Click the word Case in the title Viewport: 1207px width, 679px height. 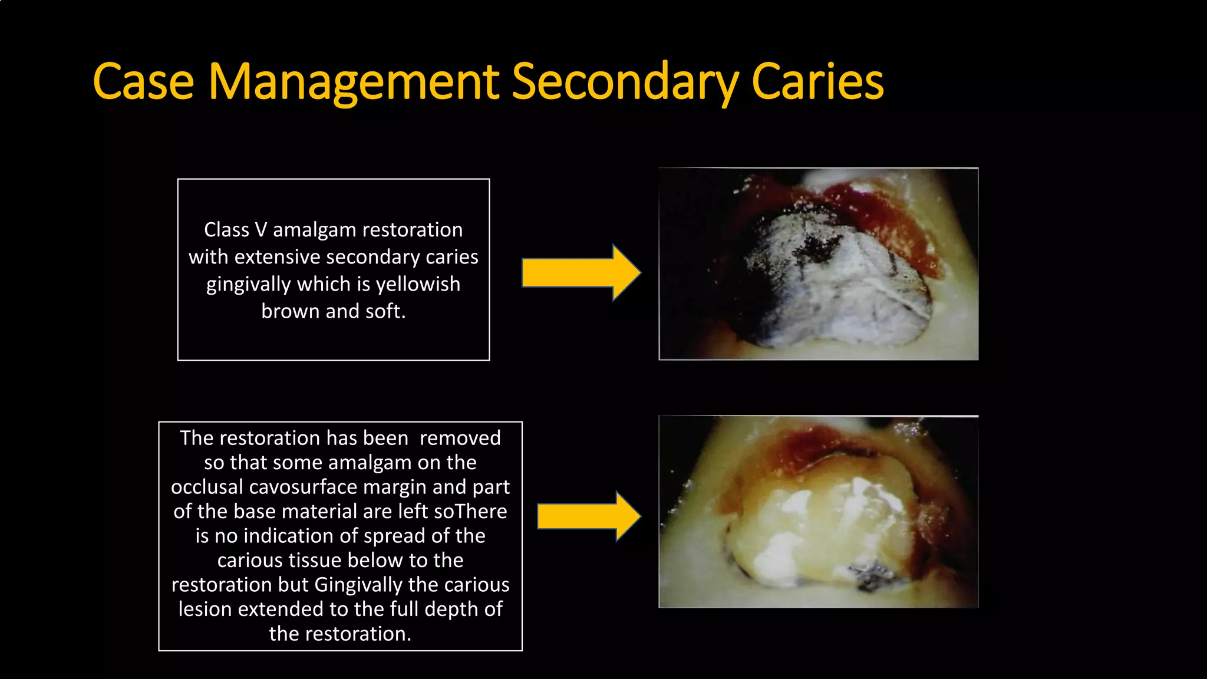point(143,81)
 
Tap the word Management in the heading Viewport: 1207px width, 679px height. point(354,81)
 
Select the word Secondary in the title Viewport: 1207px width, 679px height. point(625,81)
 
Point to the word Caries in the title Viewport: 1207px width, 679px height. point(817,81)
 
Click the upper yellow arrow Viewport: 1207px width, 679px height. point(581,273)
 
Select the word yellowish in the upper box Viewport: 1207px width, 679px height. point(418,284)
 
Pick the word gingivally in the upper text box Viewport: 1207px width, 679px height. point(248,284)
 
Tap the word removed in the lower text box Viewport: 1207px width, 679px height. point(460,438)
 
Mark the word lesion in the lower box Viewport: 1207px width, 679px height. point(205,609)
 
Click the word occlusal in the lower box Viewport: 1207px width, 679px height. point(206,487)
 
